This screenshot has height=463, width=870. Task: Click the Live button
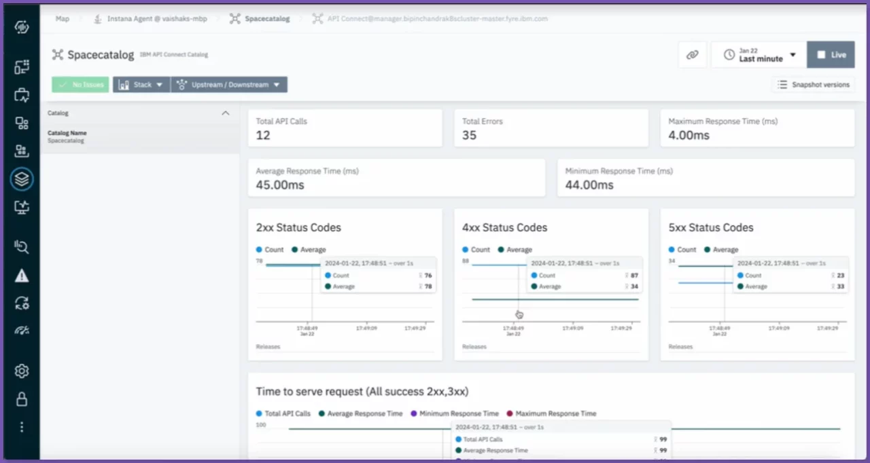coord(831,55)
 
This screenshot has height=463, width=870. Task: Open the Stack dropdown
coord(141,85)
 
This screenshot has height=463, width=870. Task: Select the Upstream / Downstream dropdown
coord(229,85)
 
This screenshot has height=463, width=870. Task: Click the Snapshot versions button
coord(814,85)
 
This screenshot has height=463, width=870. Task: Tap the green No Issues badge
coord(80,85)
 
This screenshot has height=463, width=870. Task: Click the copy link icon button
coord(693,55)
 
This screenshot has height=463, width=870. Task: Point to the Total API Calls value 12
coord(263,135)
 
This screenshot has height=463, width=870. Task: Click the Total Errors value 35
coord(469,135)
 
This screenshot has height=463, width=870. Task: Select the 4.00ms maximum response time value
coord(689,135)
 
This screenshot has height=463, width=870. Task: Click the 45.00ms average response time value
coord(280,185)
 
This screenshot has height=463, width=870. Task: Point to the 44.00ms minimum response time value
coord(589,185)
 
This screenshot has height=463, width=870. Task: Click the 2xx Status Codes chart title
coord(298,227)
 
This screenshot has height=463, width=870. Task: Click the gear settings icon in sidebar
coord(22,371)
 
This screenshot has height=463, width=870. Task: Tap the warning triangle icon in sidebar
coord(22,276)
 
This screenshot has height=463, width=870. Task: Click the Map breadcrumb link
coord(63,19)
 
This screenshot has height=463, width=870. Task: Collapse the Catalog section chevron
coord(226,113)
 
